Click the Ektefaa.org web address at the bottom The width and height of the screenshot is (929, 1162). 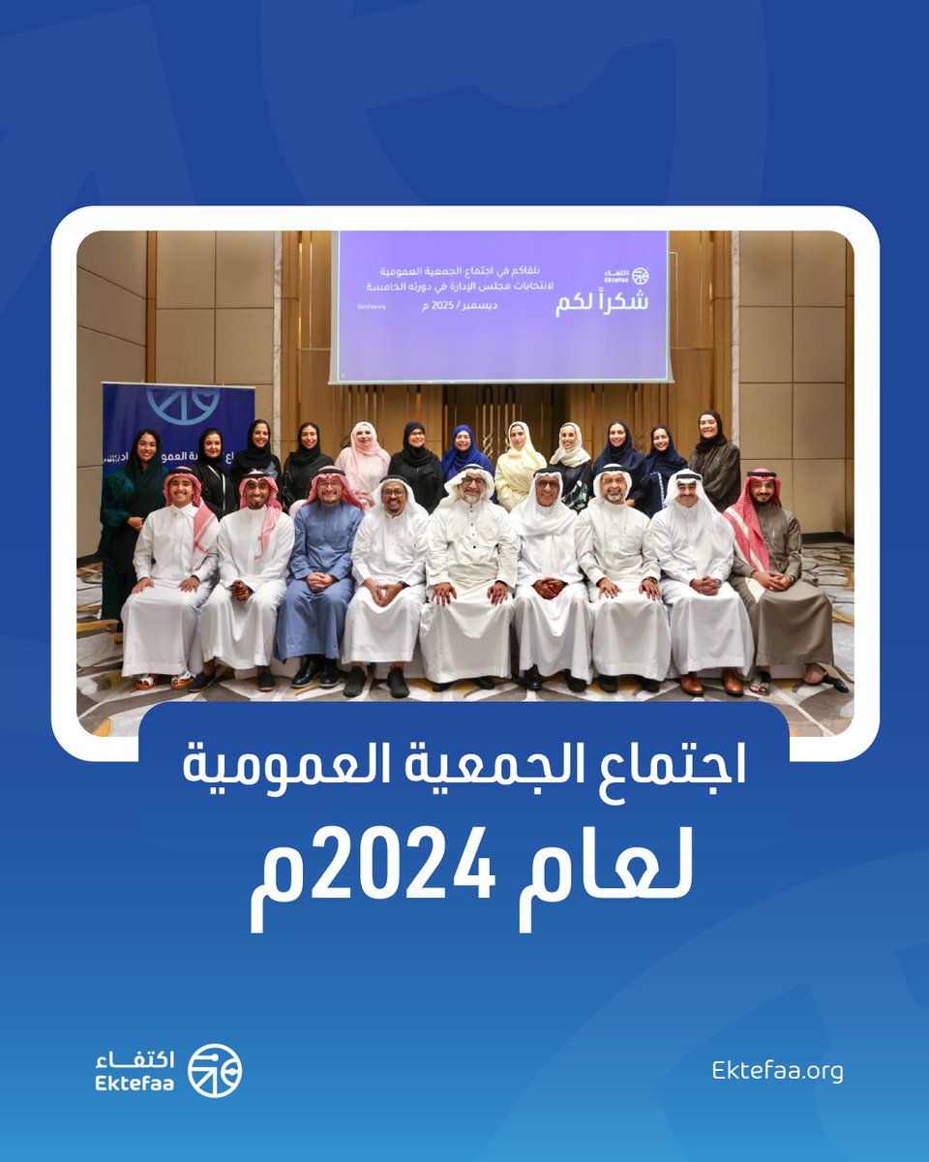pos(777,1071)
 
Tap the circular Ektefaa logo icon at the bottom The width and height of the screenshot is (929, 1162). pos(215,1071)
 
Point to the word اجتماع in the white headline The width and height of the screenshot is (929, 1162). pos(676,770)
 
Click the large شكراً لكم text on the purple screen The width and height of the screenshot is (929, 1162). pos(601,301)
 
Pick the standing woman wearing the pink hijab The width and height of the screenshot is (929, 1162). pos(363,460)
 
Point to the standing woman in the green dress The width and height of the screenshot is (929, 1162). pos(133,513)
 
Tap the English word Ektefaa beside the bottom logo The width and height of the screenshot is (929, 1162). pos(135,1084)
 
